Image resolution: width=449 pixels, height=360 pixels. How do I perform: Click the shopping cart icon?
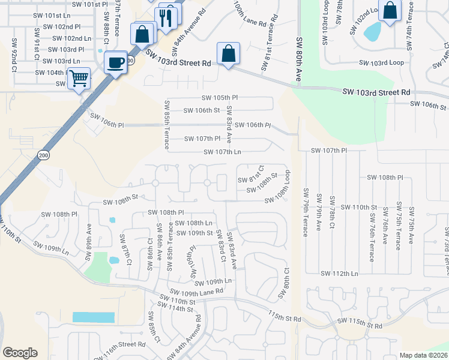point(79,78)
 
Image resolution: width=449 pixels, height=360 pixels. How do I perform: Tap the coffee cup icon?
point(115,61)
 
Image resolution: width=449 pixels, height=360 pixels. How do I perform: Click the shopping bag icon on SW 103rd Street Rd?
point(229,53)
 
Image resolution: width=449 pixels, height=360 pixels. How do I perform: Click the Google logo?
point(20,352)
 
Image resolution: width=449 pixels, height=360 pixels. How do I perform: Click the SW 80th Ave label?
point(299,58)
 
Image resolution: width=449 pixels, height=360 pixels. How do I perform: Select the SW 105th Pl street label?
point(220,98)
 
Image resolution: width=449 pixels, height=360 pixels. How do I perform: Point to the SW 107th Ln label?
point(222,152)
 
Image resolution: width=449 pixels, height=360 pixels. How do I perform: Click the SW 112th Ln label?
point(339,273)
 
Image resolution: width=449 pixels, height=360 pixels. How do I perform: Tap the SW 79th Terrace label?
point(306,212)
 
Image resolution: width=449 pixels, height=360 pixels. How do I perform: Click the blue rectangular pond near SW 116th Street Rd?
point(93,317)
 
